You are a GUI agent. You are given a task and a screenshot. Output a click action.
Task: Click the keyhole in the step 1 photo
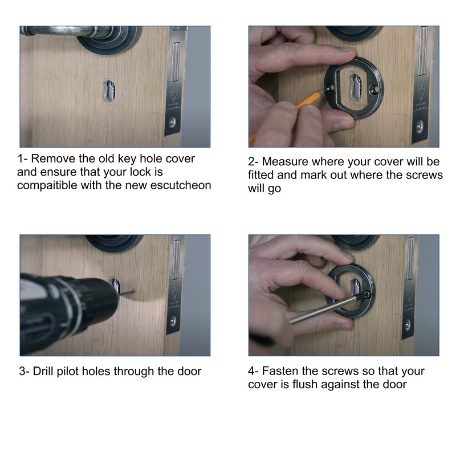pos(108,91)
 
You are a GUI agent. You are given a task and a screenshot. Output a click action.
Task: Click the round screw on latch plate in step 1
pos(173,121)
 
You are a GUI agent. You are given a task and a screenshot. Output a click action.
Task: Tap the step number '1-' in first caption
pos(23,158)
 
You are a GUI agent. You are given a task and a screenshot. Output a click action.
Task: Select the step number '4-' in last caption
pos(254,371)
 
